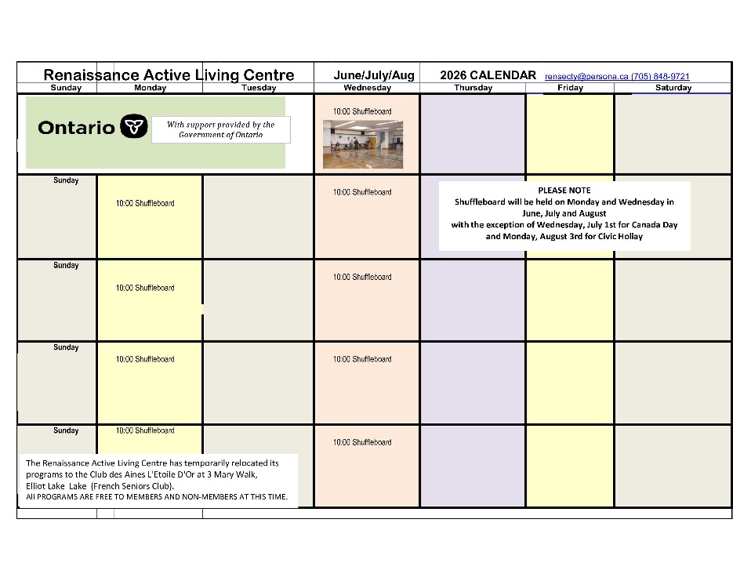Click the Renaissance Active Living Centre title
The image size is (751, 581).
tap(169, 75)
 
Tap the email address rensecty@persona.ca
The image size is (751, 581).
tap(586, 76)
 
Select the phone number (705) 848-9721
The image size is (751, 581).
tap(660, 76)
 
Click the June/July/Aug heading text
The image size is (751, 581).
tap(374, 75)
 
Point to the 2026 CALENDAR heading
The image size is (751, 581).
tap(488, 75)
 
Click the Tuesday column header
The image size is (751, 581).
tap(259, 88)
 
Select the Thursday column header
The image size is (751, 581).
tap(473, 88)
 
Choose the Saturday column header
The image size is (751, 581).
tap(673, 88)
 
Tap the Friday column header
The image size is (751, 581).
tap(570, 88)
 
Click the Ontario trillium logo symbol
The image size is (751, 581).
tap(134, 127)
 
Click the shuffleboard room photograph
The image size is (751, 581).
tap(362, 144)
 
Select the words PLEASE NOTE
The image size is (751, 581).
tap(564, 191)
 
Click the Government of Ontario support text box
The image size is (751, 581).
tap(220, 129)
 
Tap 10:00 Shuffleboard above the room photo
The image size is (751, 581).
tap(362, 111)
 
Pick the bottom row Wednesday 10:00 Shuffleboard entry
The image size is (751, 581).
tap(362, 442)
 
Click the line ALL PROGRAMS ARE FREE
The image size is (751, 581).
tap(157, 497)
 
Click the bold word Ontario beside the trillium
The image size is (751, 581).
tap(76, 128)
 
